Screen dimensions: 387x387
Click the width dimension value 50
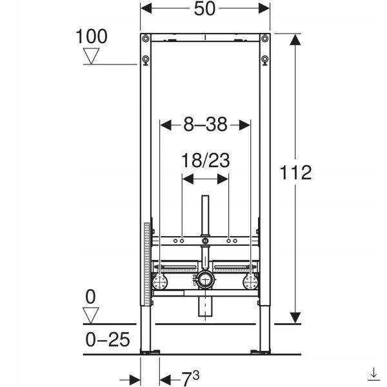tap(204, 9)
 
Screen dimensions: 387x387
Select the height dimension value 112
tap(295, 172)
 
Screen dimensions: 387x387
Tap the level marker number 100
tap(92, 37)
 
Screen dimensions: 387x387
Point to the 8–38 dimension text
tap(205, 124)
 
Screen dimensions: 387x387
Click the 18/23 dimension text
tap(205, 161)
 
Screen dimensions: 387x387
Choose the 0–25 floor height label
tap(108, 340)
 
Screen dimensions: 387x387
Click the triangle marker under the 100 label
tap(91, 56)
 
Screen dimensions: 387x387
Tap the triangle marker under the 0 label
tap(90, 315)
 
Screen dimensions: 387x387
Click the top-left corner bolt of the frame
tap(146, 39)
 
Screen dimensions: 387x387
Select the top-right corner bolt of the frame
tap(265, 39)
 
